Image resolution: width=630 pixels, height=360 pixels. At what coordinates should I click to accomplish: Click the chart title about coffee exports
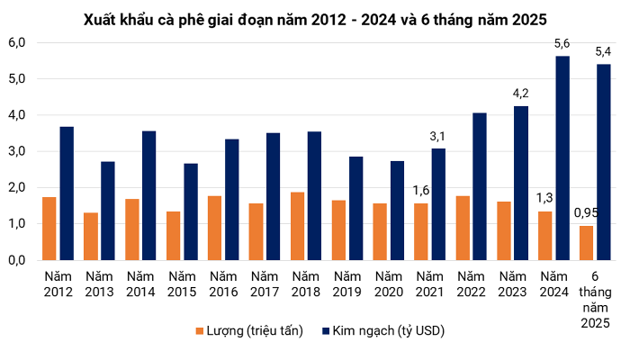coord(314,18)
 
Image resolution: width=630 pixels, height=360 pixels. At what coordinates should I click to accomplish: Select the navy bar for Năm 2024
coord(562,157)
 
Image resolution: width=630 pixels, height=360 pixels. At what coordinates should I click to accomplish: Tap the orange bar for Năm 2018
coord(297,226)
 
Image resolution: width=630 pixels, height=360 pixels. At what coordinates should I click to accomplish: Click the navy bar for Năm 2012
coord(67,193)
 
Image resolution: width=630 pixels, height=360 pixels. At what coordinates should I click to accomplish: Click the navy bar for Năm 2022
coord(480,185)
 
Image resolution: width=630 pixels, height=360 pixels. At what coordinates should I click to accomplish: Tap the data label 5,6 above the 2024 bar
coord(562,43)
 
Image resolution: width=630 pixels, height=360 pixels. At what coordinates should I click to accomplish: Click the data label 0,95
coord(586,213)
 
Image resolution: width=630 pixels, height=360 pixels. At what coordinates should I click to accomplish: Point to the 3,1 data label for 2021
coord(438,136)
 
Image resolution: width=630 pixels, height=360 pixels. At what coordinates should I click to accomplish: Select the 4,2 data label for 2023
coord(521,93)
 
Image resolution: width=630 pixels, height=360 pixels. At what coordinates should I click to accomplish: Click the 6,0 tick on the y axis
coord(16,42)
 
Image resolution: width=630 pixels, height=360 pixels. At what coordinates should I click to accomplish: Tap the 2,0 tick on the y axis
coord(16,187)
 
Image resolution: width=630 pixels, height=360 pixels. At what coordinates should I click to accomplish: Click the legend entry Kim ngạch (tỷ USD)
coord(387,331)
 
